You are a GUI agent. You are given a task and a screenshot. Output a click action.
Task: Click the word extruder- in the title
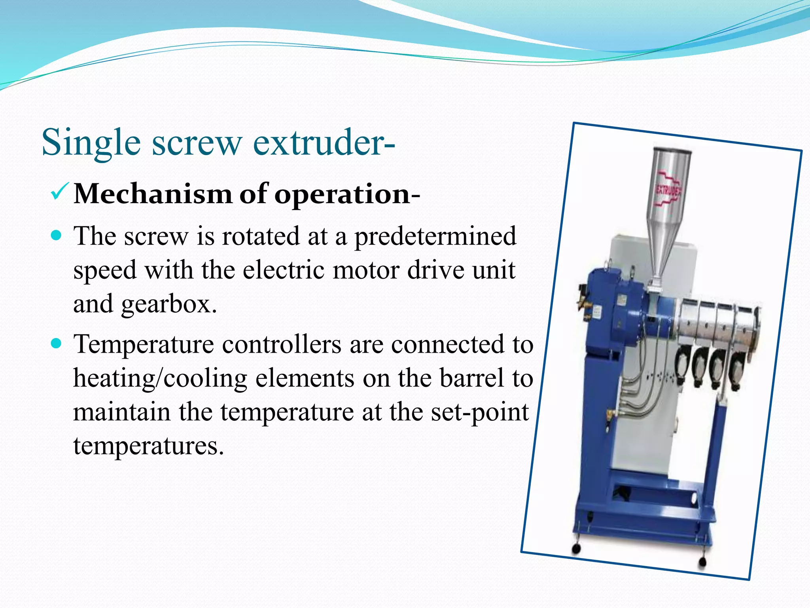click(x=324, y=142)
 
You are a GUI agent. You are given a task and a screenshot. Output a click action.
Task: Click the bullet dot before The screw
click(x=57, y=236)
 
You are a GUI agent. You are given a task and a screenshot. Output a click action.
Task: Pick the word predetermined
click(x=435, y=237)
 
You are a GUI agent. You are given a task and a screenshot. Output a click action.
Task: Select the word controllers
click(x=281, y=344)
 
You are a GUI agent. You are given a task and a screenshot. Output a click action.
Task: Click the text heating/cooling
click(x=160, y=378)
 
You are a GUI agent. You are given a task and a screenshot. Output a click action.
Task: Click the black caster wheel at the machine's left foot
click(x=576, y=549)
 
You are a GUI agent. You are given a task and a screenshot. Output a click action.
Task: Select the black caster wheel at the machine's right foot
click(x=702, y=562)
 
